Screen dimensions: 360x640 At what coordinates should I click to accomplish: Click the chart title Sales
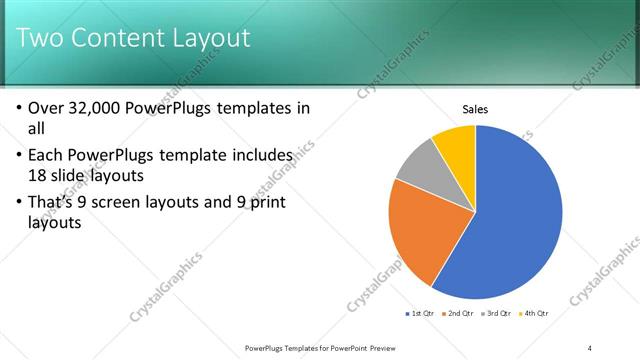[x=474, y=109]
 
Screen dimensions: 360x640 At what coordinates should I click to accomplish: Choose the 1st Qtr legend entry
[x=419, y=314]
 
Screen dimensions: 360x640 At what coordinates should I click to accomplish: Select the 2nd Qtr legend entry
[x=457, y=314]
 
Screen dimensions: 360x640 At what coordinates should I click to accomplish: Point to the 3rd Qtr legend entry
[x=496, y=314]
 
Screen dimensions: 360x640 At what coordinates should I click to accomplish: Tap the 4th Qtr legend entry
[x=534, y=314]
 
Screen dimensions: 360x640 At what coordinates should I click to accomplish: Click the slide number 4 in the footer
[x=590, y=347]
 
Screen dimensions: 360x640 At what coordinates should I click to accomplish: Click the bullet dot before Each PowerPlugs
[x=20, y=156]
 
